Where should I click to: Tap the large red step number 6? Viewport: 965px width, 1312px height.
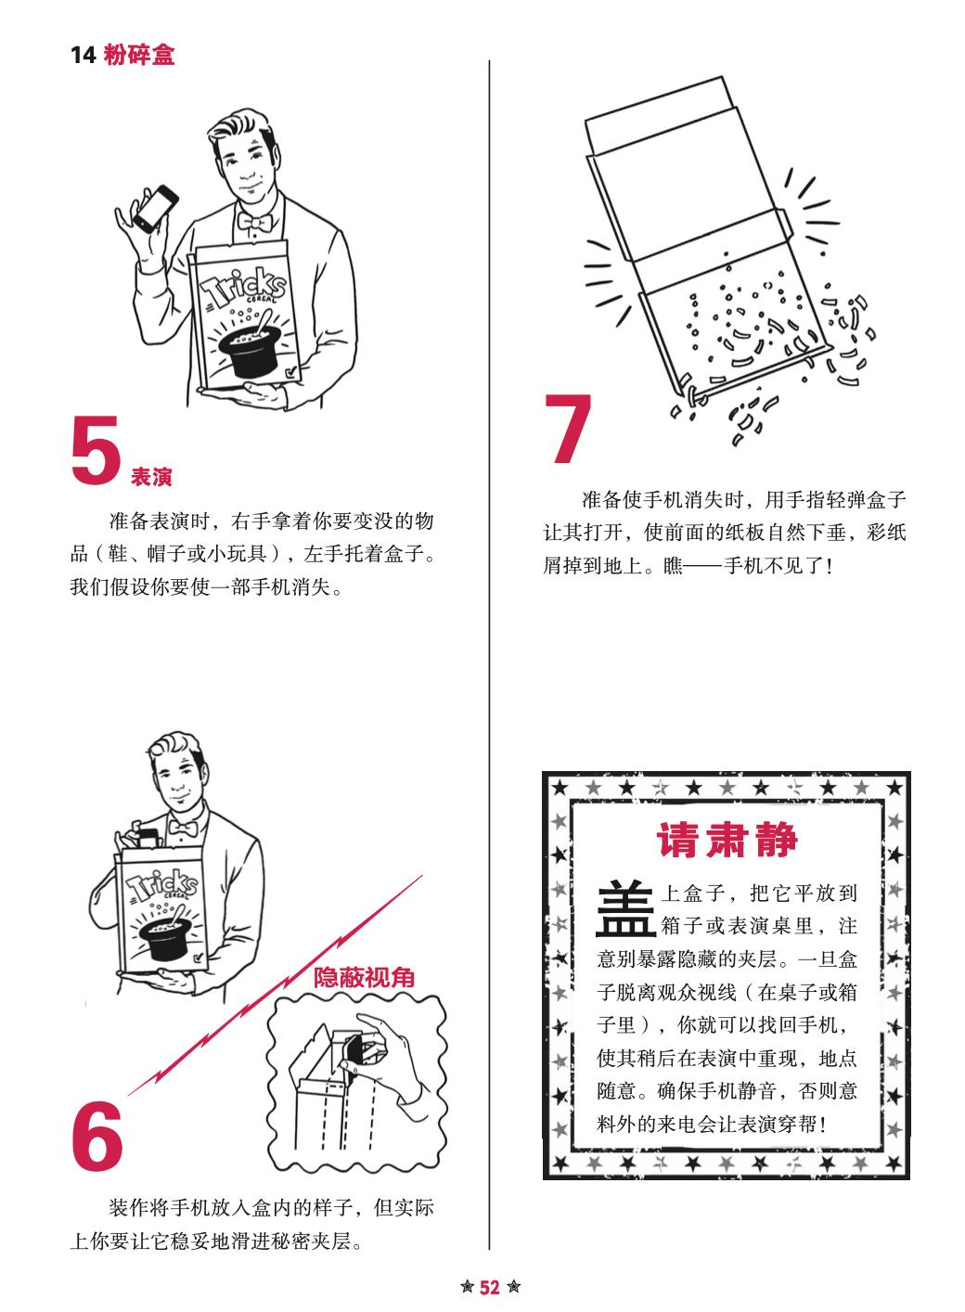[x=97, y=1134]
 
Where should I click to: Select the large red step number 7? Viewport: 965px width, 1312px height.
[x=567, y=429]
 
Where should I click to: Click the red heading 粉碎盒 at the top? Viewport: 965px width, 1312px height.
[x=139, y=55]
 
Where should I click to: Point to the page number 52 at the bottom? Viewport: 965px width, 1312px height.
[x=489, y=1287]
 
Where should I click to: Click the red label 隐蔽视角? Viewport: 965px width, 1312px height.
[x=364, y=977]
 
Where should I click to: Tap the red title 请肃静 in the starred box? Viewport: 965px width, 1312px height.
[x=727, y=841]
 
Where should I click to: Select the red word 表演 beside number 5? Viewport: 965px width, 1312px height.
[x=151, y=477]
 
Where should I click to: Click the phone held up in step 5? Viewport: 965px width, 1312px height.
[x=156, y=209]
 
